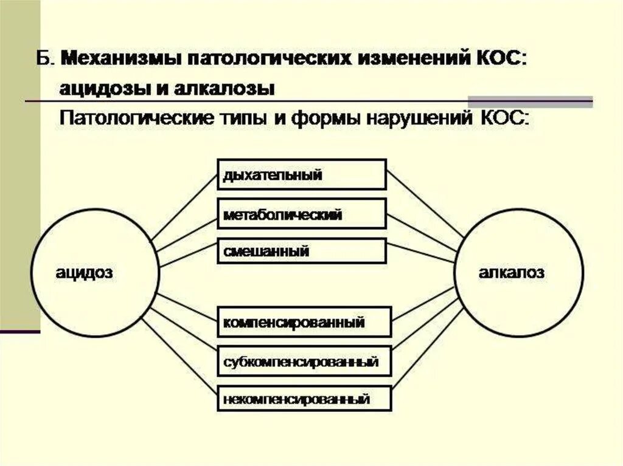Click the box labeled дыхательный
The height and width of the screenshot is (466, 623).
pos(301,175)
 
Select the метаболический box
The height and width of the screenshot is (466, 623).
pos(301,214)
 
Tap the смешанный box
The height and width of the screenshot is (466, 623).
pos(301,251)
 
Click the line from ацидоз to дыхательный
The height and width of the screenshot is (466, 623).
pos(184,207)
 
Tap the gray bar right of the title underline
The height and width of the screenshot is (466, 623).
pos(529,101)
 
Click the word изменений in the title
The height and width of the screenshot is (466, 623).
pos(411,60)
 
